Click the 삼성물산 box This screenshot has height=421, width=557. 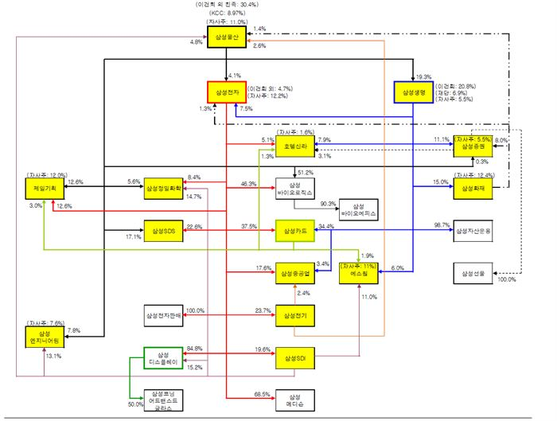pos(228,37)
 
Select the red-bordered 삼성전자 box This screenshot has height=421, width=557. pos(228,93)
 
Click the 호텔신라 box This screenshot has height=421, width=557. pos(294,146)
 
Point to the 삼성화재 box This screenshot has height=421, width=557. pos(473,189)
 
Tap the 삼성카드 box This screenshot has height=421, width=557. pos(295,232)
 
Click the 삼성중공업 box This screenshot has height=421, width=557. pos(294,275)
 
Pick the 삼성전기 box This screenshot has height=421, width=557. pos(294,317)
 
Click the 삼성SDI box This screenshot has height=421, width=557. pos(294,360)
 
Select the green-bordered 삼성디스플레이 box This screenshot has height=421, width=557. pos(164,359)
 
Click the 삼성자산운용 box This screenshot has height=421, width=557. pos(473,232)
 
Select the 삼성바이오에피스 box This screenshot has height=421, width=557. pos(360,210)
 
